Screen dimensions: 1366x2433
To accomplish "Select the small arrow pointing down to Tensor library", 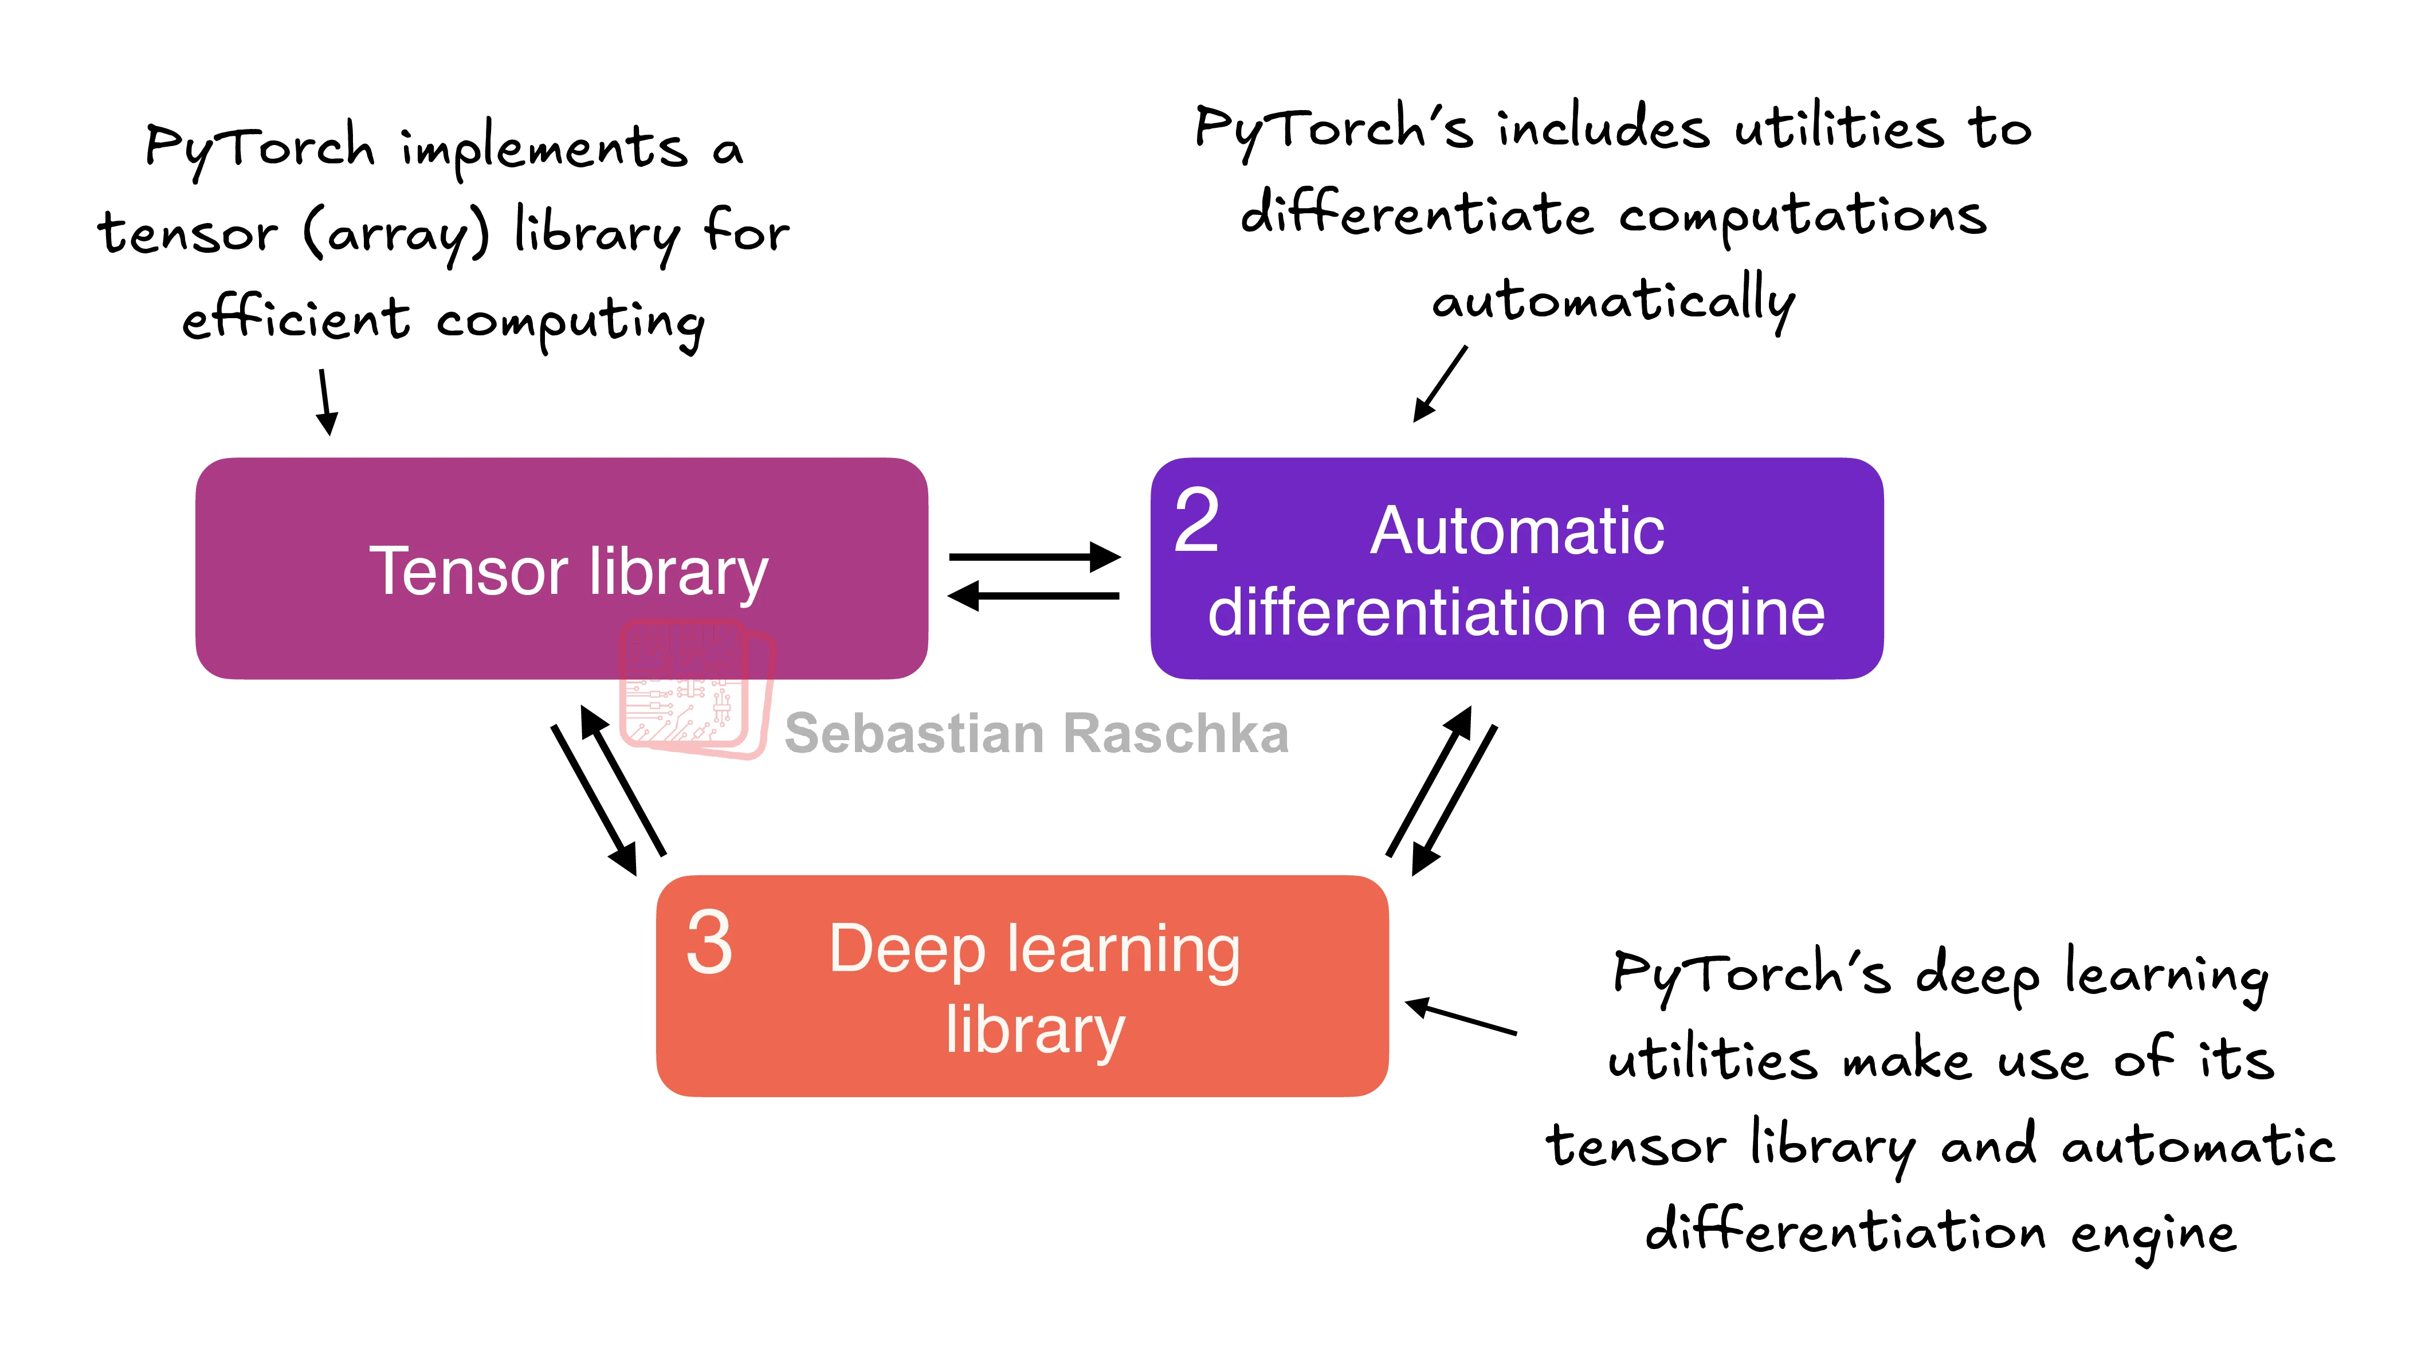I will click(x=326, y=401).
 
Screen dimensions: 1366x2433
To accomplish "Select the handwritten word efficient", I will click(x=296, y=318).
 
